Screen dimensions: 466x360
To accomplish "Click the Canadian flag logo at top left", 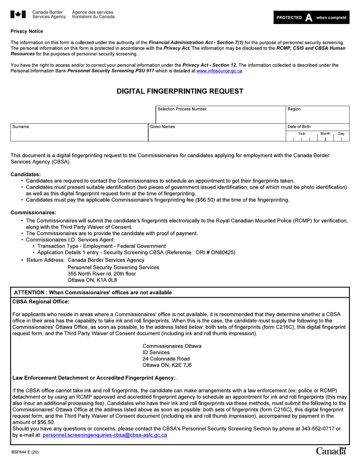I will tap(18, 14).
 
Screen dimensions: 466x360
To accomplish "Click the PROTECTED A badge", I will tap(311, 17).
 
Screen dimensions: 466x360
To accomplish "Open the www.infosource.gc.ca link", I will tap(219, 71).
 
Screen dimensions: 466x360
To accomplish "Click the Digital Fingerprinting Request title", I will tap(180, 91).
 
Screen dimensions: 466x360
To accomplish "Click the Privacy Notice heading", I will tap(27, 31).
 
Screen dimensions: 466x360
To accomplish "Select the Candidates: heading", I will tap(25, 174).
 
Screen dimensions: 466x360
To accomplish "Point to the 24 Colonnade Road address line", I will tap(166, 359).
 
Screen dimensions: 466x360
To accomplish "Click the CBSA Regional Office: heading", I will tap(41, 302).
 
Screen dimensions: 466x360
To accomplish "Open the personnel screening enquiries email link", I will tap(105, 435).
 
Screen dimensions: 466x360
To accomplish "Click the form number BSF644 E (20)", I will tap(25, 452).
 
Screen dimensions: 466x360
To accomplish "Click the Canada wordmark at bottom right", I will tap(331, 451).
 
